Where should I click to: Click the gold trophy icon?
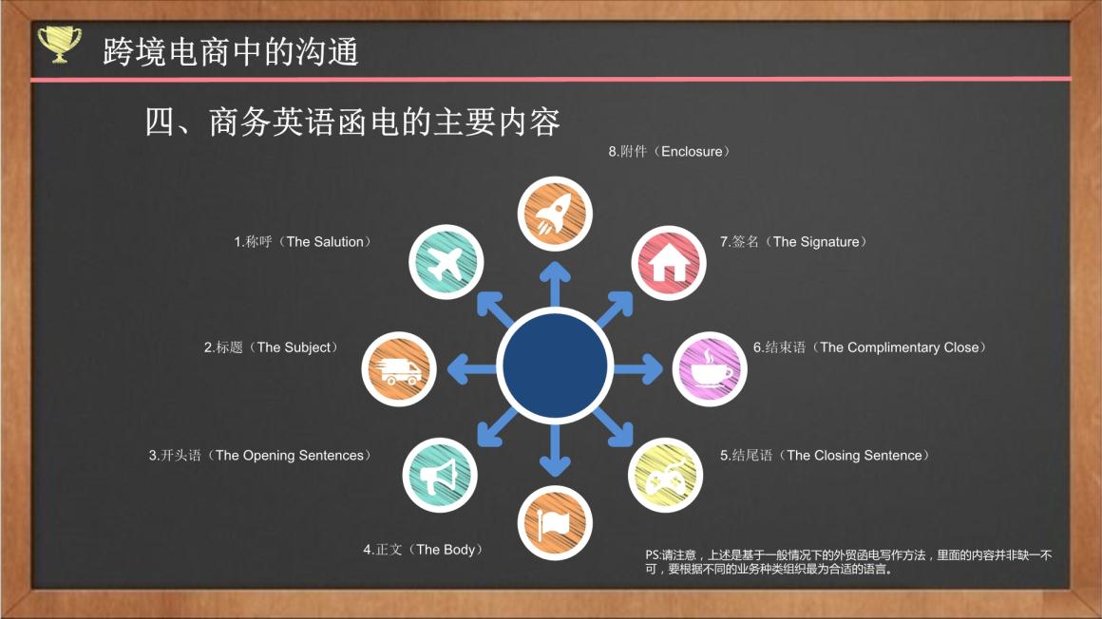(x=59, y=45)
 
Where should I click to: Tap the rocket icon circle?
(x=555, y=214)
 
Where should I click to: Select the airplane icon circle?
(x=446, y=262)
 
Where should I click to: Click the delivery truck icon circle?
(x=398, y=369)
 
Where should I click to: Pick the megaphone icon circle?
(x=440, y=475)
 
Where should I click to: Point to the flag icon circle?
(x=555, y=523)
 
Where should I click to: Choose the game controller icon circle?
(x=665, y=475)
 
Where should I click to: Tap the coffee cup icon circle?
(x=709, y=369)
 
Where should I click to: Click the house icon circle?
(x=669, y=263)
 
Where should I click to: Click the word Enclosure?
(x=692, y=152)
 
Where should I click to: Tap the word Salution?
(x=339, y=242)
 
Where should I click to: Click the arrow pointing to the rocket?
(x=555, y=284)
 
